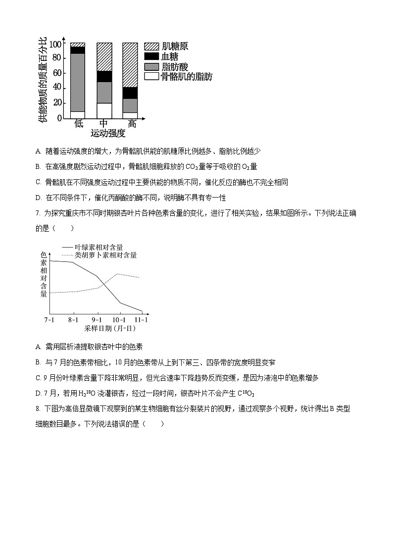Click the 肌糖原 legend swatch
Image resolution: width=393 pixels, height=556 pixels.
pos(151,46)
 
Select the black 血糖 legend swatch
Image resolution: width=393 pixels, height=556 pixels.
pos(151,56)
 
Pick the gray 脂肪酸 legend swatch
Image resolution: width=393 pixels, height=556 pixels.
pos(151,66)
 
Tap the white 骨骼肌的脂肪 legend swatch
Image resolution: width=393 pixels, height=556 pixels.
pos(151,76)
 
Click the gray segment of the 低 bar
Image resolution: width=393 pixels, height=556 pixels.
pos(78,82)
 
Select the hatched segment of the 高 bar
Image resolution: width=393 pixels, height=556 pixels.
pos(130,65)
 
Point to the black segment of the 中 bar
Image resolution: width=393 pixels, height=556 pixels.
pos(104,76)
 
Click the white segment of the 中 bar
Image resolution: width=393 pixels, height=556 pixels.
pos(104,110)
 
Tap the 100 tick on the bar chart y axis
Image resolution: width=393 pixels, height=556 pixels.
pos(56,44)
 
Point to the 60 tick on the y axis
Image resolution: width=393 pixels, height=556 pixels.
pos(58,73)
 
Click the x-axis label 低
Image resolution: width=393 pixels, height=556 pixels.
pos(79,124)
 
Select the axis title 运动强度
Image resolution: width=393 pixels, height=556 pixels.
pos(108,134)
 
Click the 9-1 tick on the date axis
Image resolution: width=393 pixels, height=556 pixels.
pos(97,319)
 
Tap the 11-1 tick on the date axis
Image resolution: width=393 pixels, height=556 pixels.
pos(142,319)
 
